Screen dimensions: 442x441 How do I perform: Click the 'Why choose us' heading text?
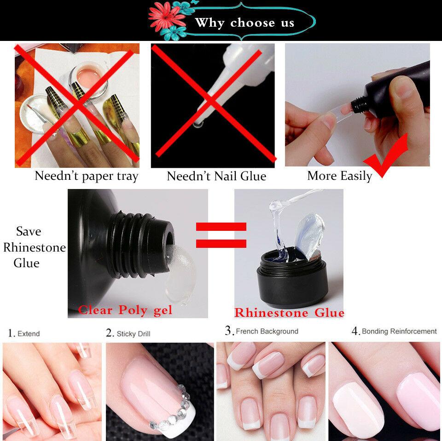(244, 23)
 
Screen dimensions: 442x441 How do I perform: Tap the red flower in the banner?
(165, 17)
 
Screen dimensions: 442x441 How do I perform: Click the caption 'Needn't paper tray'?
(86, 176)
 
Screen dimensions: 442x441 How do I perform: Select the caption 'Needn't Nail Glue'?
(216, 176)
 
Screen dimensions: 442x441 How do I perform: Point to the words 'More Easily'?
(340, 176)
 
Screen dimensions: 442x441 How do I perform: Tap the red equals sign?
(221, 235)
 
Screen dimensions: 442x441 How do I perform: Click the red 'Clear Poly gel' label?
(125, 310)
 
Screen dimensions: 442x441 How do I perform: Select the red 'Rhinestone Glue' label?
(289, 313)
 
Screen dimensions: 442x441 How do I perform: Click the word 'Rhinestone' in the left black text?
(35, 247)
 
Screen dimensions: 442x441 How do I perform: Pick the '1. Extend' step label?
(24, 333)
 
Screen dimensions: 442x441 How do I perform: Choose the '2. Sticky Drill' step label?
(128, 333)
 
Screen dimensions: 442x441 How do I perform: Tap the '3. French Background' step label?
(262, 331)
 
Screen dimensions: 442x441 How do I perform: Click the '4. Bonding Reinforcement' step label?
(394, 331)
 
